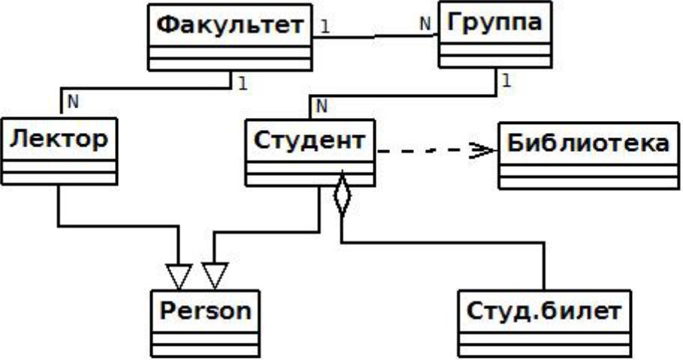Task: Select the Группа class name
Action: point(489,23)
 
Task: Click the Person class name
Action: point(204,310)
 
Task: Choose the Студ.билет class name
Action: point(542,308)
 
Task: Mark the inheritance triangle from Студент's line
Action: point(215,277)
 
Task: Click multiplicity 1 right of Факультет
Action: point(325,26)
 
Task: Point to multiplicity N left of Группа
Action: point(425,23)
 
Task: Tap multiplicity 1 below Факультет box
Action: point(242,82)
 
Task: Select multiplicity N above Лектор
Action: point(73,98)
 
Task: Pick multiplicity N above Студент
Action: point(322,107)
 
